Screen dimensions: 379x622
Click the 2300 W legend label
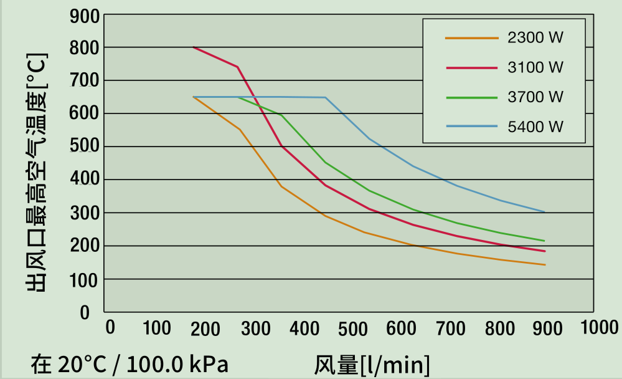(x=535, y=38)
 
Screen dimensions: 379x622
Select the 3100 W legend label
(x=535, y=67)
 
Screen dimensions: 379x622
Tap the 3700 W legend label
(x=535, y=97)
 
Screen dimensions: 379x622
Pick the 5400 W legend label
(x=535, y=127)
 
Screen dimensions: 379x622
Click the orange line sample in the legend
(x=472, y=38)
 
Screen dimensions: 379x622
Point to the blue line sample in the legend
(x=472, y=127)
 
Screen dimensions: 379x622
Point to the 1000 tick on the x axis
(x=600, y=328)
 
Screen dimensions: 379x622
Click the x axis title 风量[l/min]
(x=372, y=364)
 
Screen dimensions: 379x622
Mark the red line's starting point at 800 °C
(x=194, y=47)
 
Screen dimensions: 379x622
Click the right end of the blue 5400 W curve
(x=545, y=212)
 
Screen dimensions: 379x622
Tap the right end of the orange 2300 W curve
(x=545, y=265)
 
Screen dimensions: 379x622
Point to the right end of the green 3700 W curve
(x=545, y=241)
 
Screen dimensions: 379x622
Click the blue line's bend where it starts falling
(x=326, y=98)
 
